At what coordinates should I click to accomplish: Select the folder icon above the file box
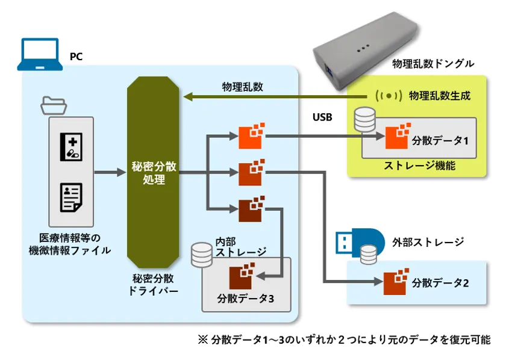(53, 105)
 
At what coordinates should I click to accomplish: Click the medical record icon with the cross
(71, 147)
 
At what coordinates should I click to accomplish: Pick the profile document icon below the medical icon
(71, 197)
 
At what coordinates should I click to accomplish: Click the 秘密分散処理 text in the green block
(153, 173)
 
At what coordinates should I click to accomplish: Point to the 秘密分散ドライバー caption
(153, 284)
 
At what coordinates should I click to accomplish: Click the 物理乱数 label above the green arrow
(242, 87)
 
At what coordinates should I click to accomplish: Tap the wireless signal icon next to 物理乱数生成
(388, 96)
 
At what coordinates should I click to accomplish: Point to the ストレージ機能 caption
(419, 165)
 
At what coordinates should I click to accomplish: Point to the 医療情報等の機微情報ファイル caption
(70, 243)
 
